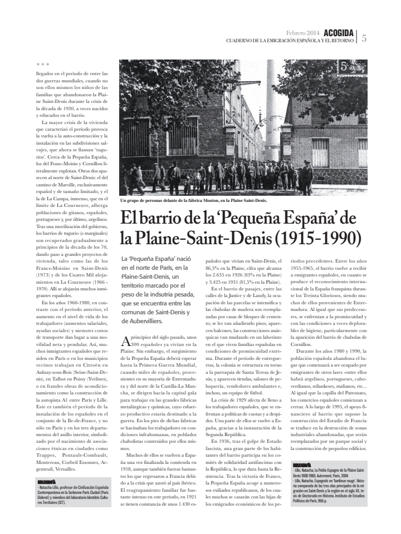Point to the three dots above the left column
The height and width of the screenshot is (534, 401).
[x=42, y=65]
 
